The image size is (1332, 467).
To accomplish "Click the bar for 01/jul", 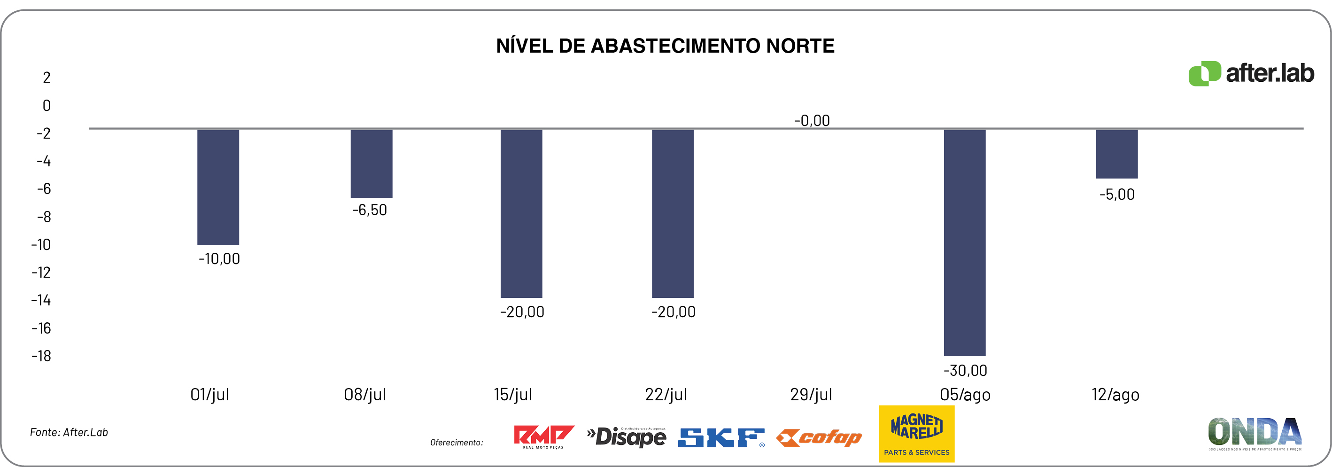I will [x=218, y=187].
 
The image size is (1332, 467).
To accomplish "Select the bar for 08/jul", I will [x=371, y=163].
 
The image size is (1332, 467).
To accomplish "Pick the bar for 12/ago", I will [x=1117, y=154].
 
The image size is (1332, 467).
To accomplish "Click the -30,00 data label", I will [x=965, y=370].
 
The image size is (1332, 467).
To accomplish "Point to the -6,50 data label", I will [x=369, y=210].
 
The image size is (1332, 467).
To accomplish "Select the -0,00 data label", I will [x=812, y=120].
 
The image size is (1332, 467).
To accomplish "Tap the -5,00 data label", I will [x=1117, y=195].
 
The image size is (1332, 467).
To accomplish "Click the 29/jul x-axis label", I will [x=811, y=395].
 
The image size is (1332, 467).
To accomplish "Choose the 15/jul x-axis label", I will [x=512, y=395].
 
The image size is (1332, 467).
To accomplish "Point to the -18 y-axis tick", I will [x=41, y=356].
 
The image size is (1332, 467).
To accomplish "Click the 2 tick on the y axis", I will [x=46, y=78].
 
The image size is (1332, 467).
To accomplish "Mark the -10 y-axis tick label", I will [x=41, y=245].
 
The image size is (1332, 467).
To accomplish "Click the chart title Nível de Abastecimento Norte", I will [x=665, y=46].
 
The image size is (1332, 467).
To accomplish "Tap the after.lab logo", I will [x=1251, y=73].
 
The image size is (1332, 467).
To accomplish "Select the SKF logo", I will [x=721, y=437].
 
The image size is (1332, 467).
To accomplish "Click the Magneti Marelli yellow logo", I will [x=916, y=433].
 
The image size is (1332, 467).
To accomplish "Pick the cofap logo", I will [x=819, y=437].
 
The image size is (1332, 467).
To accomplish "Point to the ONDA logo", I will [x=1255, y=433].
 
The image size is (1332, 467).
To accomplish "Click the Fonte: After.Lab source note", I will [x=69, y=432].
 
